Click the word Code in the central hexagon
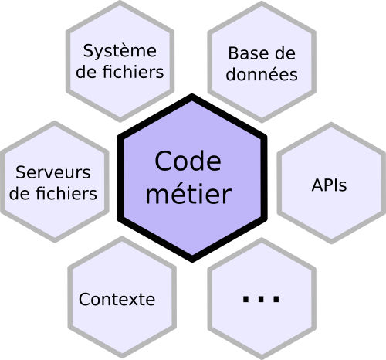[x=188, y=161]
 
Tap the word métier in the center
[x=188, y=194]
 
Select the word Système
[x=120, y=52]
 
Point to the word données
[x=262, y=74]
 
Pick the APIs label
[x=329, y=185]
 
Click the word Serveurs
[x=53, y=172]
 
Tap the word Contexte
[x=117, y=299]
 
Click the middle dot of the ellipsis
[x=261, y=299]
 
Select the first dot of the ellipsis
[x=245, y=299]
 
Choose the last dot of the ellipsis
[x=276, y=299]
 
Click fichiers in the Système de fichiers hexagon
[x=134, y=72]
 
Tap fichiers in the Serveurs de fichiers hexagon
[x=66, y=193]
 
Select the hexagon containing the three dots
[x=262, y=299]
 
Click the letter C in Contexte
[x=84, y=299]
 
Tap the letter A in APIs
[x=318, y=185]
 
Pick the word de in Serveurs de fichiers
[x=21, y=193]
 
